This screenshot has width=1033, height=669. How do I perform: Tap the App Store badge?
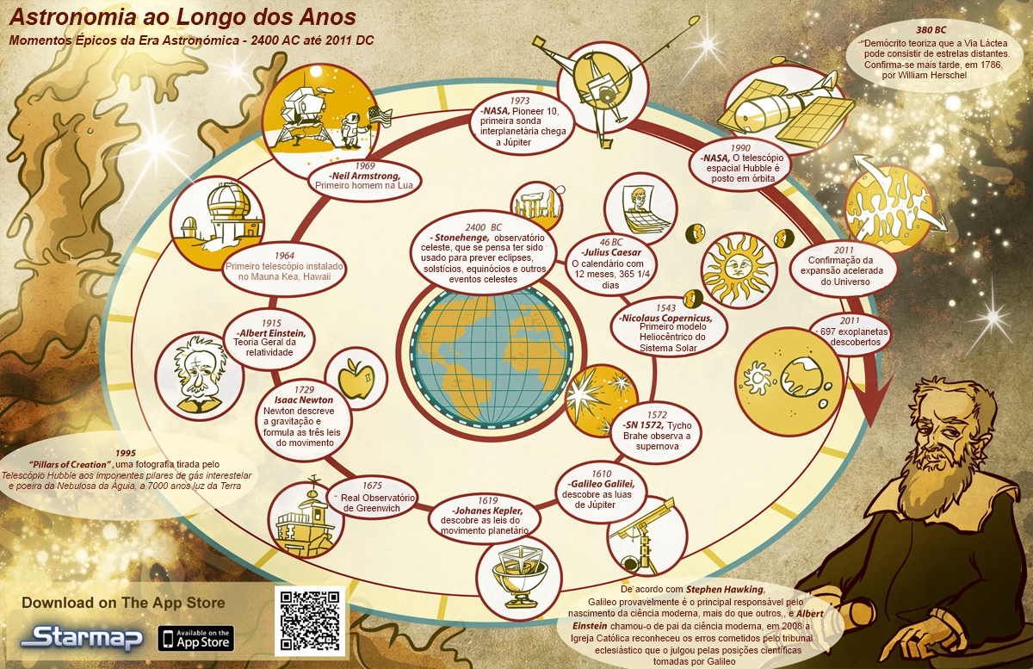point(195,639)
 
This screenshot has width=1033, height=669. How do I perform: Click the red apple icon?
point(354,377)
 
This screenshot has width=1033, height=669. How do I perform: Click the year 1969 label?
point(364,165)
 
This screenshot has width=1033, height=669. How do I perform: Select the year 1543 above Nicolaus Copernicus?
point(665,307)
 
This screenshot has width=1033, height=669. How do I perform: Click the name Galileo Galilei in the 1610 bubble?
point(609,485)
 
